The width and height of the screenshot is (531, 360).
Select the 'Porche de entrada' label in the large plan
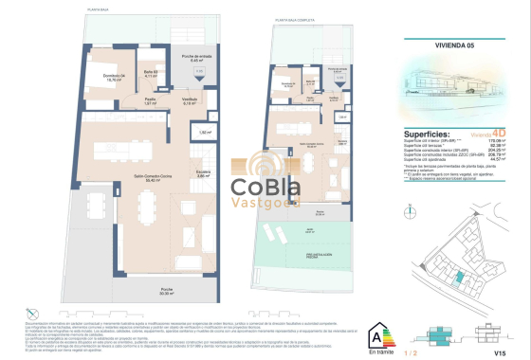click(x=191, y=58)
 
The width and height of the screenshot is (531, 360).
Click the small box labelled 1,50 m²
click(x=206, y=133)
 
